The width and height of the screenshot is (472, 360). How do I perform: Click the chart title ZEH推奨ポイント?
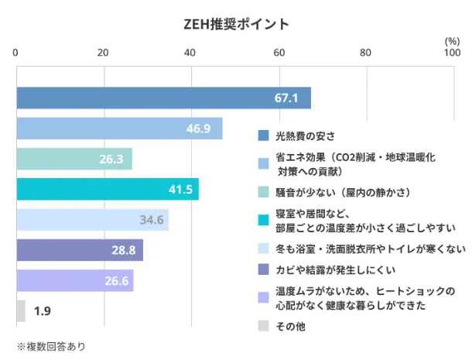(237, 23)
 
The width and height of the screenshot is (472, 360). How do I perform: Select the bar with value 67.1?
(163, 98)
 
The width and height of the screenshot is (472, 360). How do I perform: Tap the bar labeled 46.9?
(119, 129)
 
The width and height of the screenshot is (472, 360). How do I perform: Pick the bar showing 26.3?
(74, 159)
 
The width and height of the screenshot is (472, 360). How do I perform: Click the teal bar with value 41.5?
(108, 189)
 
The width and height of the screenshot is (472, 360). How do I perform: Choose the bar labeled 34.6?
(92, 220)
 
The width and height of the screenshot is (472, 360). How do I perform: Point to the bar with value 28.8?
(80, 250)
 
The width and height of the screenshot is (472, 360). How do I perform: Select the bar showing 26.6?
(75, 280)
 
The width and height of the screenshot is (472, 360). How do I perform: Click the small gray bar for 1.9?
(21, 310)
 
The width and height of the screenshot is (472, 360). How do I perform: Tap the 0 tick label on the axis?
(17, 53)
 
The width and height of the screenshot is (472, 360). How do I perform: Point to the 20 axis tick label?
(103, 53)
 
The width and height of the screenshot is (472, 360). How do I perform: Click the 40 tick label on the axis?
(190, 53)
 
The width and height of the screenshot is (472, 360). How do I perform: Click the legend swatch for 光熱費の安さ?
(263, 136)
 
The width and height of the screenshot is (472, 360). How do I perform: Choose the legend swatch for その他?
(263, 326)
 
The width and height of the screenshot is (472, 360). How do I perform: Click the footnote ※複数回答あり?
(50, 346)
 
